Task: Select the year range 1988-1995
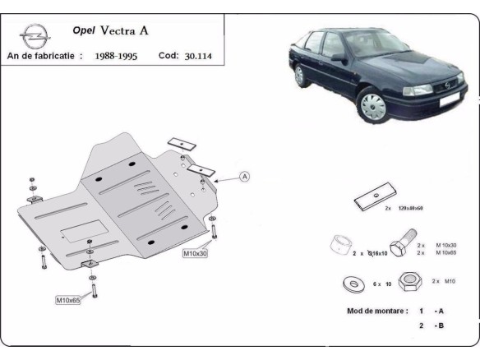coord(116,57)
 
